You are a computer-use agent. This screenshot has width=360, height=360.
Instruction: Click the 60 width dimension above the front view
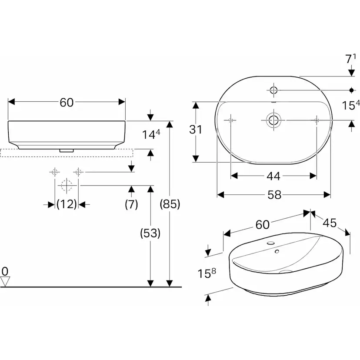point(67,102)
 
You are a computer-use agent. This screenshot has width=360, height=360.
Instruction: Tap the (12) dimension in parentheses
point(67,203)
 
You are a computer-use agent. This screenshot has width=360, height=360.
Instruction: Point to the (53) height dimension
point(150,233)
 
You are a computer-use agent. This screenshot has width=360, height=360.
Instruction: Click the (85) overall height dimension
point(170,203)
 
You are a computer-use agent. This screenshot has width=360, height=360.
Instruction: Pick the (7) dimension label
point(131,203)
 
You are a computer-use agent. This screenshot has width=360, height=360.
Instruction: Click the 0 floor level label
point(5,271)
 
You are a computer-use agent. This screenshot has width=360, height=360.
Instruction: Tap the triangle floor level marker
point(5,282)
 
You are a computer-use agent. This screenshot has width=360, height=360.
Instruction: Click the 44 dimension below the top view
point(273,176)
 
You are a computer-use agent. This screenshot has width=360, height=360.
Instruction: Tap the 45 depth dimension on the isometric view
point(330,223)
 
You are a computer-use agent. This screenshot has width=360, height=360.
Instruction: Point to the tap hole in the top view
point(273,90)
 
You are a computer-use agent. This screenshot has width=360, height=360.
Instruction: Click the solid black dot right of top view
point(351,90)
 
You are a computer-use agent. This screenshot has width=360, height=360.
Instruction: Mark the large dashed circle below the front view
point(66,186)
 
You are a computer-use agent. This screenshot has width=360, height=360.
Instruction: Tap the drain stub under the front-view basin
point(67,150)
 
